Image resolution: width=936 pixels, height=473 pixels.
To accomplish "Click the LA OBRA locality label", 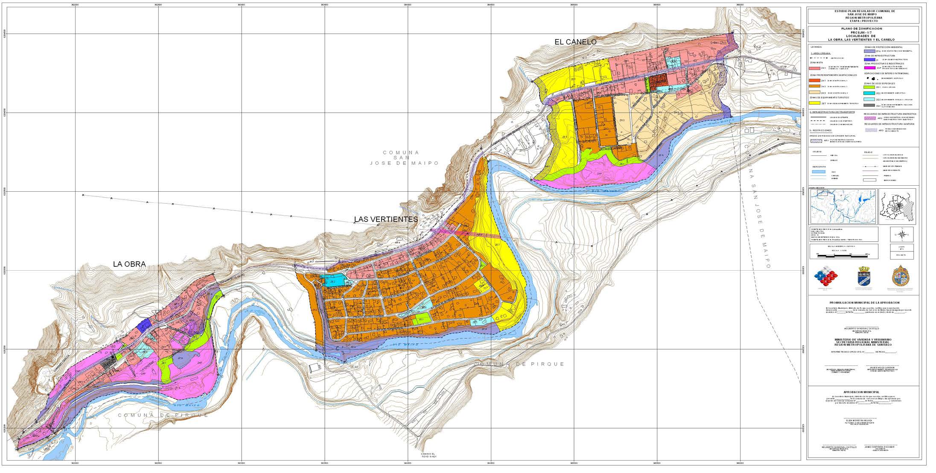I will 129,264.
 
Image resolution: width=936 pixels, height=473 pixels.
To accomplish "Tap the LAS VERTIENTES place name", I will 386,219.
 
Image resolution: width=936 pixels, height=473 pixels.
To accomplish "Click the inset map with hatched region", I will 903,207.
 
